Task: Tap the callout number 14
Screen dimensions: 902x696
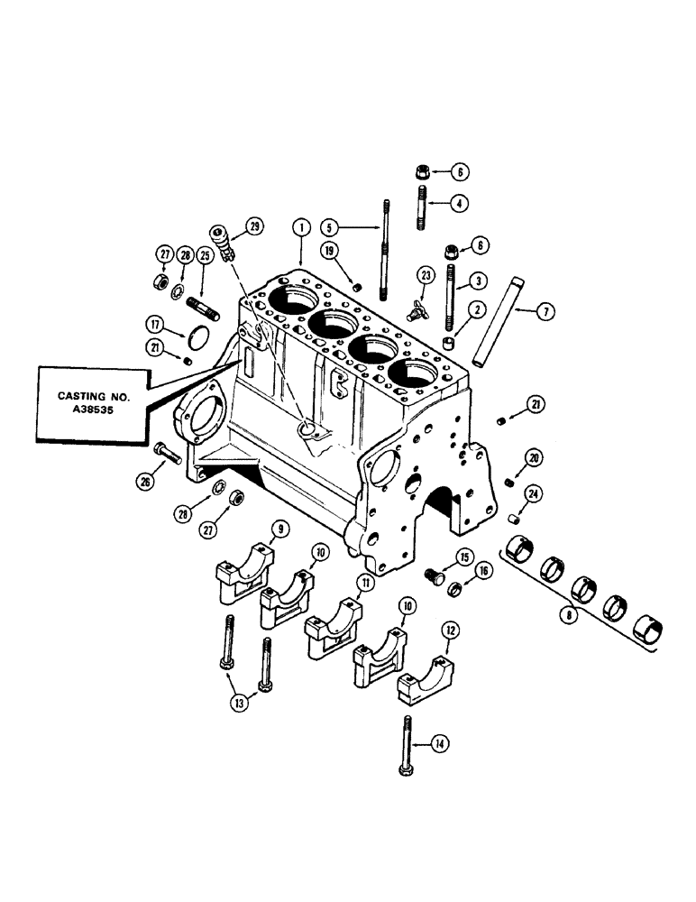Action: pyautogui.click(x=439, y=743)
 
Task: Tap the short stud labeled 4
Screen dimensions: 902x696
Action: pyautogui.click(x=423, y=204)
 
